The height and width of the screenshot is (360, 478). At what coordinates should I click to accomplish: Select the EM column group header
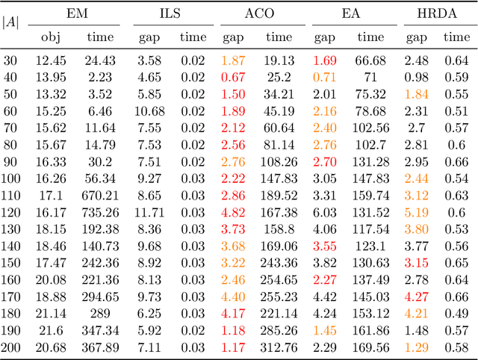click(77, 13)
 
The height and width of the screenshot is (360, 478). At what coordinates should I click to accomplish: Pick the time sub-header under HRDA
click(456, 36)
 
